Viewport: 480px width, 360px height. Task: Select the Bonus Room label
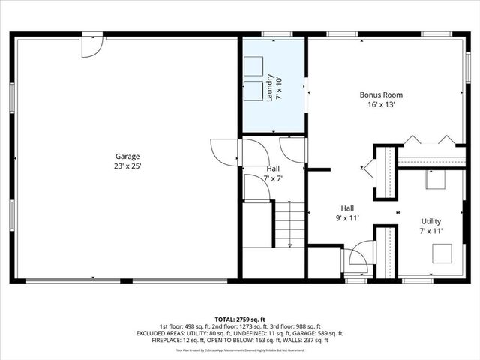click(381, 95)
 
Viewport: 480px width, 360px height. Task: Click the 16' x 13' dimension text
click(381, 105)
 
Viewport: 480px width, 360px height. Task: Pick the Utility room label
click(430, 221)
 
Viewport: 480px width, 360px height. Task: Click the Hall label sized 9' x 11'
click(347, 208)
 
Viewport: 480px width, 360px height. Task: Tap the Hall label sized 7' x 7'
click(274, 169)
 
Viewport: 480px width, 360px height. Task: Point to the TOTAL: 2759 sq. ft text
click(240, 318)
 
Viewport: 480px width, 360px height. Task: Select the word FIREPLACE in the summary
click(154, 340)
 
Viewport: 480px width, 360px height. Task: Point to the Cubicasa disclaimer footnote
click(240, 349)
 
